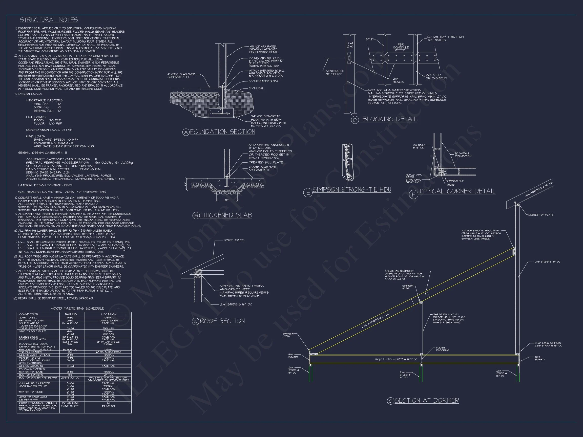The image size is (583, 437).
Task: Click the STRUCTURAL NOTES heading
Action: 49,20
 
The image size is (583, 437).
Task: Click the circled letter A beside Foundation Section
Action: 186,132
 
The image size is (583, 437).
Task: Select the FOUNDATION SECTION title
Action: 222,132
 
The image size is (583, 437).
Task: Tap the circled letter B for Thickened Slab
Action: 196,216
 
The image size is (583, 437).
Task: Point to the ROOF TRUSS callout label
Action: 234,240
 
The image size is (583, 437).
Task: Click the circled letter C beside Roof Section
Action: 195,321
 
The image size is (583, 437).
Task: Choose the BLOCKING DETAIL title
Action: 389,119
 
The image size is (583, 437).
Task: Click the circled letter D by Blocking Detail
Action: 355,120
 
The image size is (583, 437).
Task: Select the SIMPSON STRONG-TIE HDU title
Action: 351,190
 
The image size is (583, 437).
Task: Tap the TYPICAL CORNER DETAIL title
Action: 457,191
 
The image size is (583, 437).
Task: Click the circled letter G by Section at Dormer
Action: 390,401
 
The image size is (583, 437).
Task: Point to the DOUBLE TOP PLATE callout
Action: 540,215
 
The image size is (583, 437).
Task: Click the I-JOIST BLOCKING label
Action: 443,349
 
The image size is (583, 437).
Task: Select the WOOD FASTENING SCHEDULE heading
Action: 77,309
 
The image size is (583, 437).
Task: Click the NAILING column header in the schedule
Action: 71,314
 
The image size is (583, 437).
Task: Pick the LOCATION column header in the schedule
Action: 109,314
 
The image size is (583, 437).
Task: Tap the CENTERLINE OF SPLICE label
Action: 335,72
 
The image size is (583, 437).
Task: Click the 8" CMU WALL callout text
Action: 257,89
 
